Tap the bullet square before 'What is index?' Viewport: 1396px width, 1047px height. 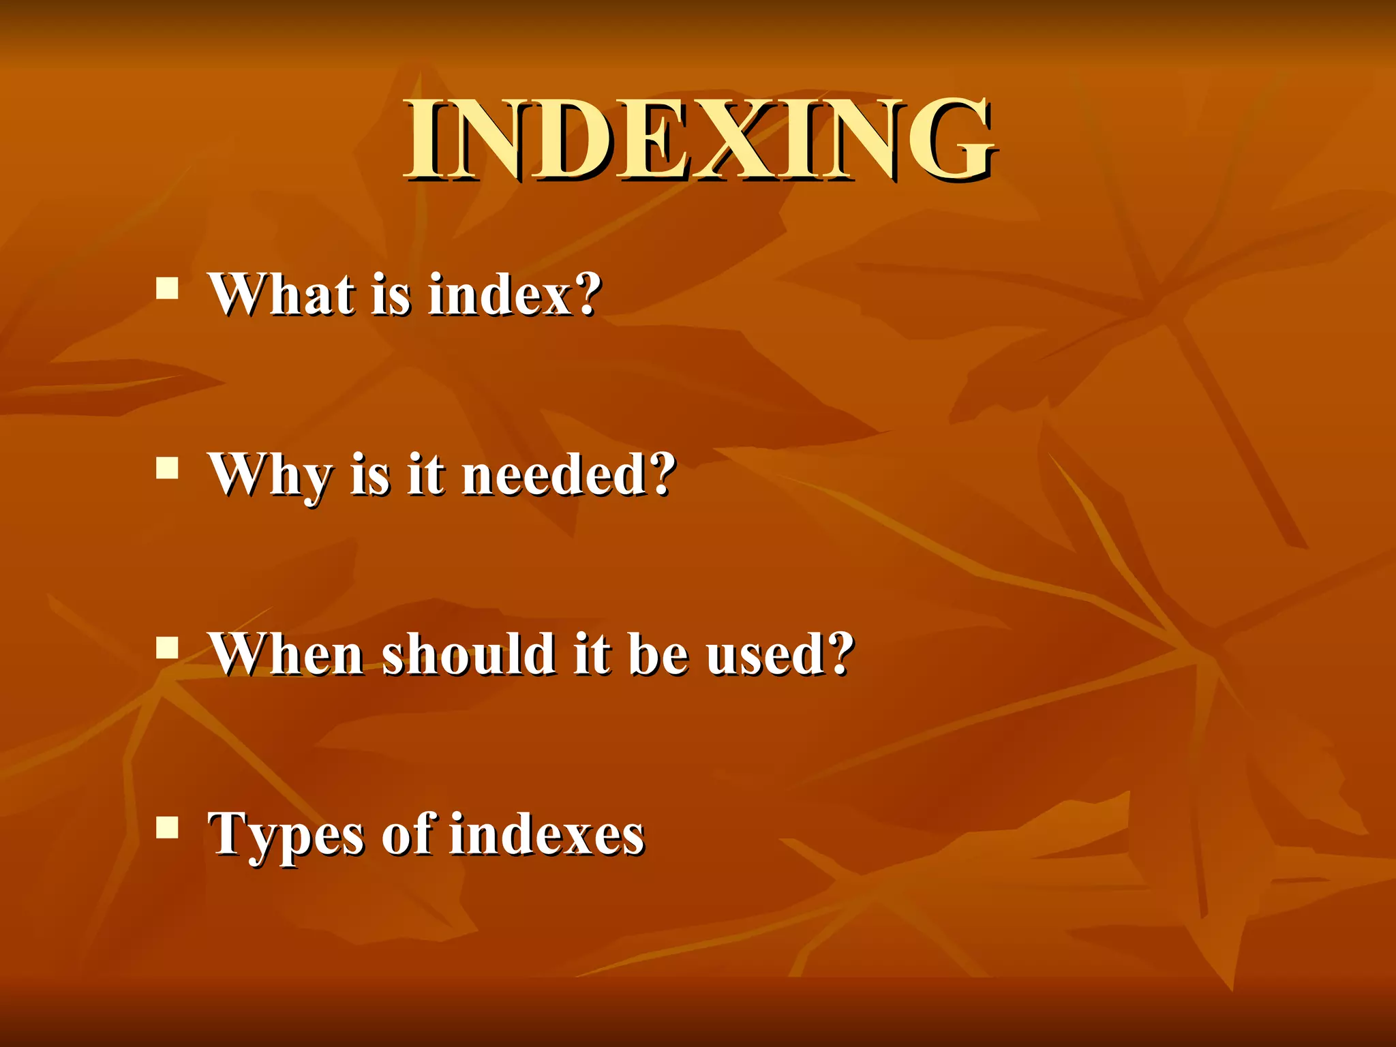coord(167,288)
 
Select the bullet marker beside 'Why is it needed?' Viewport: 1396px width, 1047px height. coord(167,469)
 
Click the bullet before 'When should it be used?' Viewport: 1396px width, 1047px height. coord(167,648)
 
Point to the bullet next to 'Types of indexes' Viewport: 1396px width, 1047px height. coord(167,828)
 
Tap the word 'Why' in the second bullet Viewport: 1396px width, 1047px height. coord(270,476)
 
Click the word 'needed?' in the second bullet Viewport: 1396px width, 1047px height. coord(568,474)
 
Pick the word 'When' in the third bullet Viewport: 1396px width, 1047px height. coord(286,654)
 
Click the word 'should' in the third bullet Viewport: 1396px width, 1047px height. coord(468,654)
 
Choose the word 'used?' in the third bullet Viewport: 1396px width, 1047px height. coord(780,654)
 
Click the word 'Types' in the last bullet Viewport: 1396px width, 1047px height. coord(286,836)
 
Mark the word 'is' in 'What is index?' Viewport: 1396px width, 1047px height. coord(391,294)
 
